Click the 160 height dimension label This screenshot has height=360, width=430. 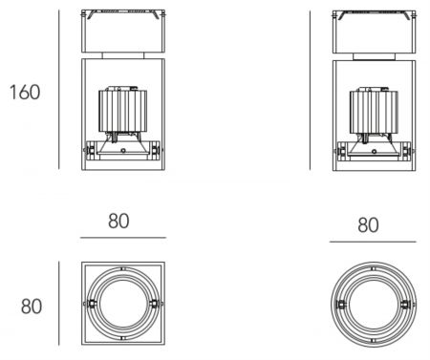pos(25,92)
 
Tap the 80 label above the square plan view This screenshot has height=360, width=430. pos(118,221)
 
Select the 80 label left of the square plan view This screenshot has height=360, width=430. pos(32,307)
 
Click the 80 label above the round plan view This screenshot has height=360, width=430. pos(368,225)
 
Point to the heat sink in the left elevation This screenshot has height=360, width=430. pos(122,111)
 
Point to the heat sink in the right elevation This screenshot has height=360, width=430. pos(374,112)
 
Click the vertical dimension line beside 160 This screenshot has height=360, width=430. pos(59,90)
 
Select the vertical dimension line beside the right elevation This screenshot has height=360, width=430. pos(310,90)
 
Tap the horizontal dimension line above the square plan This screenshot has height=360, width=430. pos(123,238)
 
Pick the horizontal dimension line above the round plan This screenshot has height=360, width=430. pos(373,242)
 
